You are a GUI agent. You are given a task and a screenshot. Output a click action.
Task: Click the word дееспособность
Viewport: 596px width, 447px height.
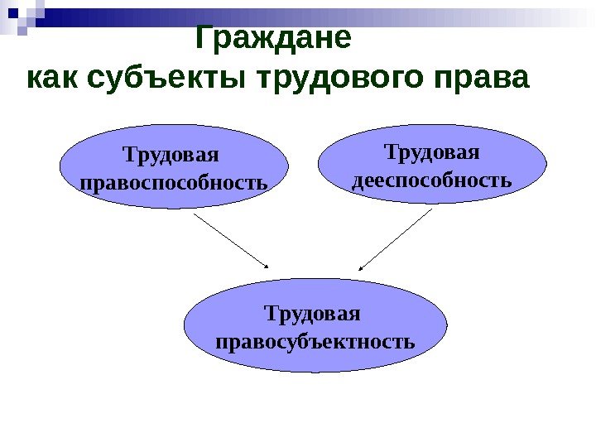point(432,179)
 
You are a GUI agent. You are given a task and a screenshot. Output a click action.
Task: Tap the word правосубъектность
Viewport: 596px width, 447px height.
point(315,340)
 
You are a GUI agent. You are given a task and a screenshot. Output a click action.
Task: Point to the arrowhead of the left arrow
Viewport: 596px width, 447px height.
point(267,266)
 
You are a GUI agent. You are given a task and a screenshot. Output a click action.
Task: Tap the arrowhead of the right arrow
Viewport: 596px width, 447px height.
point(362,267)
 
